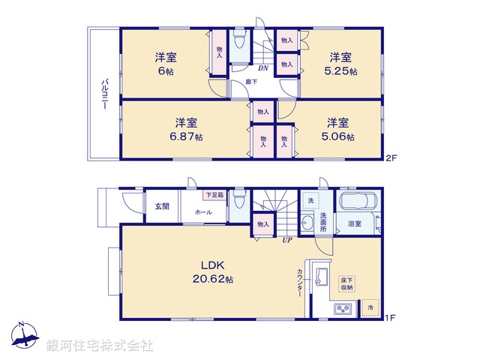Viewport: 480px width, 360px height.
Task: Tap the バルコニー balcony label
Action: pyautogui.click(x=104, y=94)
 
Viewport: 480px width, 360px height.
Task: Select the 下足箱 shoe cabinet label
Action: pyautogui.click(x=215, y=195)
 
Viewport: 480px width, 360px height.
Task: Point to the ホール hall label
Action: pyautogui.click(x=202, y=213)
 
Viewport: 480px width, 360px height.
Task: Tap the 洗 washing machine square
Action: pyautogui.click(x=310, y=201)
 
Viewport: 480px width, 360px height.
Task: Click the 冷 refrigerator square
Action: pyautogui.click(x=369, y=307)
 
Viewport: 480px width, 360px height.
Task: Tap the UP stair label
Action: pyautogui.click(x=287, y=240)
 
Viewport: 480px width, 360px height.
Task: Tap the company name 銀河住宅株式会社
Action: pyautogui.click(x=100, y=346)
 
